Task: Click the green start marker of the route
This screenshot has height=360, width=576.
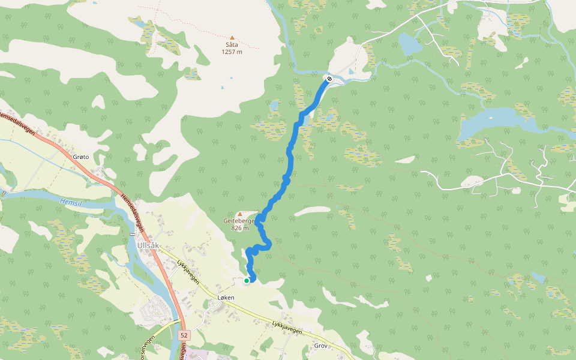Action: click(247, 280)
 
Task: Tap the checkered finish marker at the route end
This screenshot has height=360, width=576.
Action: click(329, 79)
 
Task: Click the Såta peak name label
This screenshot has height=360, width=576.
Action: click(232, 45)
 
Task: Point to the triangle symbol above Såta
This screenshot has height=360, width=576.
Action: click(232, 37)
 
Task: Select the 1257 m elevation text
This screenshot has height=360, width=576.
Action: click(232, 52)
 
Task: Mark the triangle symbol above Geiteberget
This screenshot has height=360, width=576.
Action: click(241, 214)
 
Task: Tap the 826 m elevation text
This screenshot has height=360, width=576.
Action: click(239, 228)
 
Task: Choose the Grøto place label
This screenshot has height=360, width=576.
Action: click(80, 157)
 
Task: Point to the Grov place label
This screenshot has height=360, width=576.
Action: click(321, 346)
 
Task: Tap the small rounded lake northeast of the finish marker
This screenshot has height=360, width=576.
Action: click(409, 44)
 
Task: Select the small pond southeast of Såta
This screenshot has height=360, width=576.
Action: click(274, 106)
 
